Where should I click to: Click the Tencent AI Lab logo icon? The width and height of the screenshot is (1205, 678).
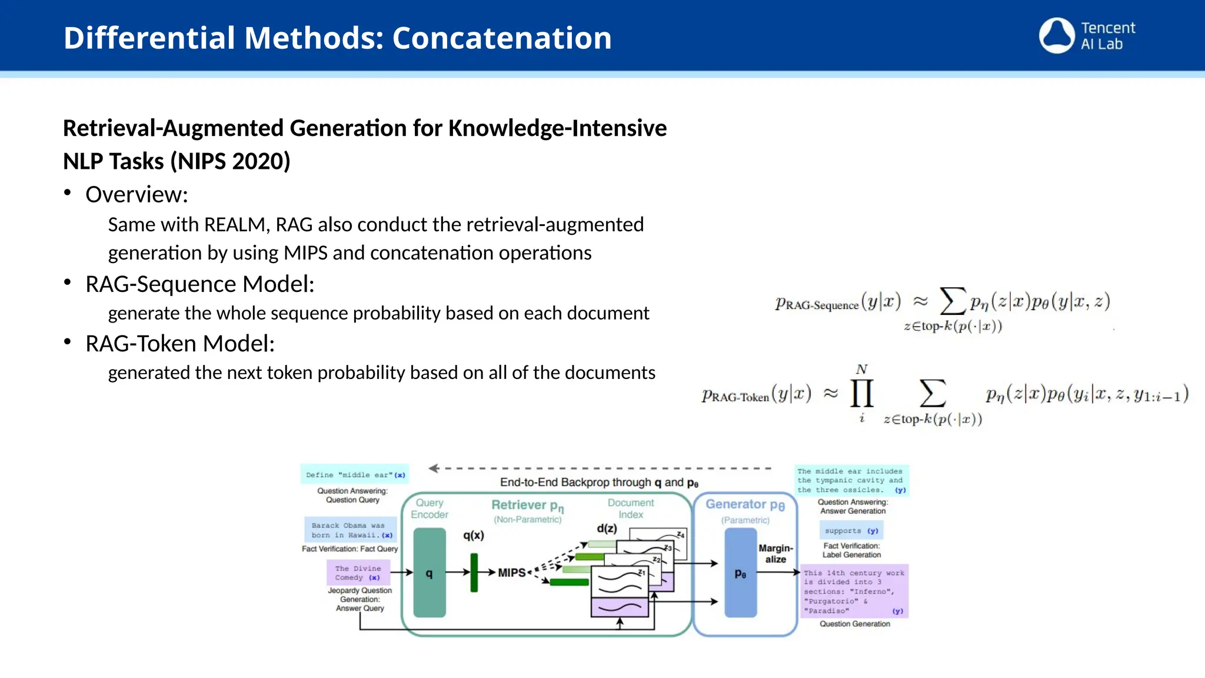coord(1057,35)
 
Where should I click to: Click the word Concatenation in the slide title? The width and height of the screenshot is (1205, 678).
coord(502,38)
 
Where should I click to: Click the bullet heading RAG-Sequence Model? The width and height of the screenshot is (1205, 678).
coord(199,284)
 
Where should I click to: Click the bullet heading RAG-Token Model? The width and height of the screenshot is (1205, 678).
coord(180,344)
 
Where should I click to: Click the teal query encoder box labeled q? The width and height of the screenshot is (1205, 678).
coord(430,572)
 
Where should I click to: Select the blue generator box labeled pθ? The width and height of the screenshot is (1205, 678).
coord(740,572)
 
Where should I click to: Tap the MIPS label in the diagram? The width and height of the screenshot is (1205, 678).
coord(511,573)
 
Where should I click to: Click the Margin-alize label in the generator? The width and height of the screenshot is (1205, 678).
coord(775,553)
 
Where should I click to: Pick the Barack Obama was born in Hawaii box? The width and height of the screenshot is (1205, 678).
coord(351,530)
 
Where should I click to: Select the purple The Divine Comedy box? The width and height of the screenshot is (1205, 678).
coord(358,573)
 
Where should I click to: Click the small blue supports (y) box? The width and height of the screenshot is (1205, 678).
coord(851,530)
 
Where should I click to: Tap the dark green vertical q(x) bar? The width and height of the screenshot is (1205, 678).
coord(474,572)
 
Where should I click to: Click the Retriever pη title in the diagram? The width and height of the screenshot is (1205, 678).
coord(527,505)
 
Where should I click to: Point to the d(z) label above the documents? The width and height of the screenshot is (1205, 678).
coord(607,529)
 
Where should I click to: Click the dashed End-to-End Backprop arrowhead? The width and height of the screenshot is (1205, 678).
coord(434,468)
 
